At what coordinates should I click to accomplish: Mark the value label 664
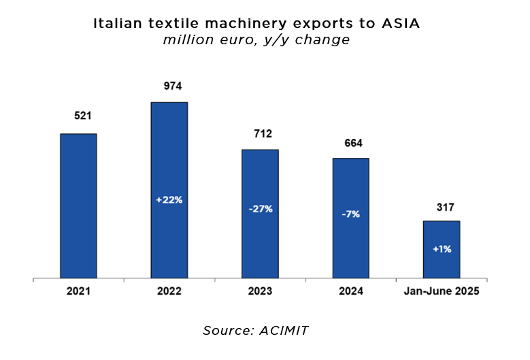(x=354, y=143)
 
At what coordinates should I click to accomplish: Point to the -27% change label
(x=260, y=209)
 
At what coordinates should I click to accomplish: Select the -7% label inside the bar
(x=350, y=214)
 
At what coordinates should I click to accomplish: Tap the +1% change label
(x=442, y=249)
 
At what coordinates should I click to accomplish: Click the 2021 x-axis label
(x=78, y=291)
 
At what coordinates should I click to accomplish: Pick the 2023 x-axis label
(x=260, y=291)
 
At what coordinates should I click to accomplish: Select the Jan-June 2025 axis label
(x=442, y=291)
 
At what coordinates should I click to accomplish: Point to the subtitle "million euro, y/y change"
(x=256, y=40)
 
